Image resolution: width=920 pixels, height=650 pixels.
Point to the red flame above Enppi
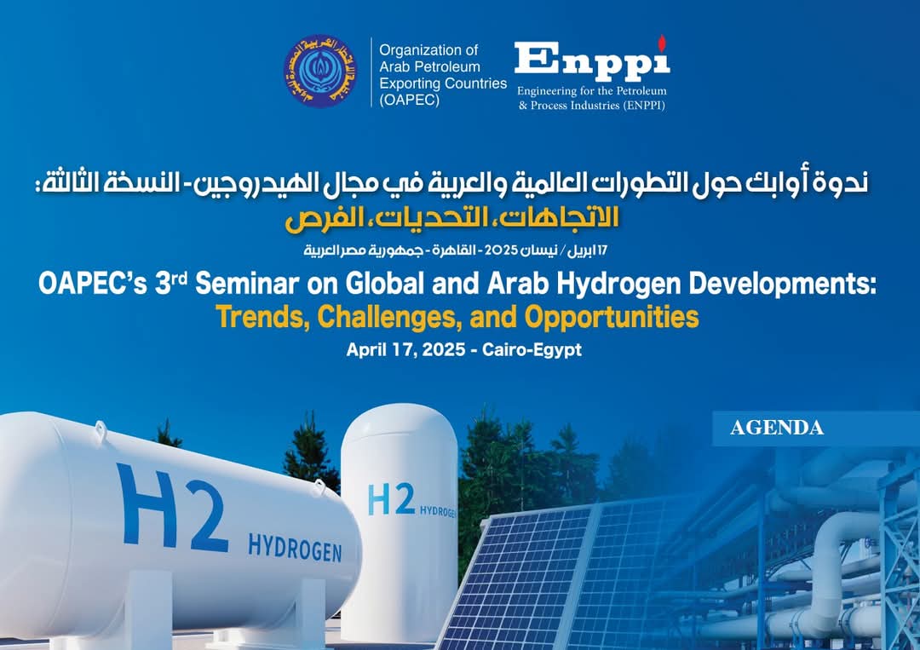pos(662,43)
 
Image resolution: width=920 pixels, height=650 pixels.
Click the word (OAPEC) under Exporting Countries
pos(409,100)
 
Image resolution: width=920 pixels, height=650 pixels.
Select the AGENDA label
pos(777,428)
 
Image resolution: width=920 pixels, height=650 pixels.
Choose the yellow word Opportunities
pos(612,318)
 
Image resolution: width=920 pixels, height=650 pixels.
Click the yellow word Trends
pos(263,318)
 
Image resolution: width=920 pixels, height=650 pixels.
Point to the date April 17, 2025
pos(405,349)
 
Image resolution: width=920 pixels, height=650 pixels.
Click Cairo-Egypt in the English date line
pos(532,350)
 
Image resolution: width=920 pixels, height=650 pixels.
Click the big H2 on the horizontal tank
pos(172,507)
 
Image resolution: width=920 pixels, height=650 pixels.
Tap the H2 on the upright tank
pos(391,499)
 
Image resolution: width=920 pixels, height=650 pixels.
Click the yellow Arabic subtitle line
pos(451,217)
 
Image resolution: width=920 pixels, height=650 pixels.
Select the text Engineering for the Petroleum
pos(591,91)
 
